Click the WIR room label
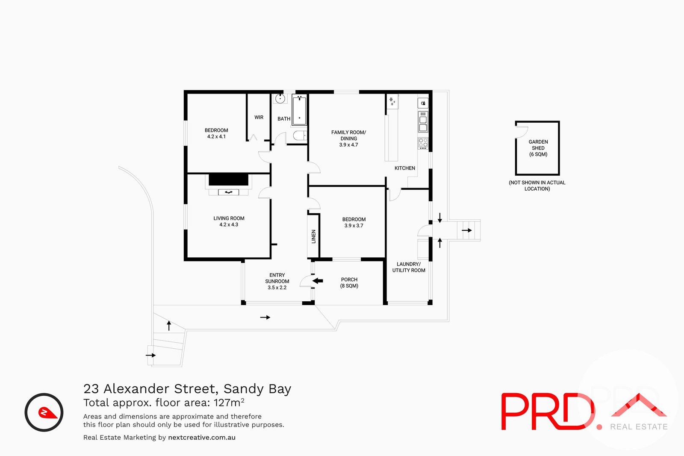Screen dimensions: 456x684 pos(259,118)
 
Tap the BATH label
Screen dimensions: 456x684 pos(284,119)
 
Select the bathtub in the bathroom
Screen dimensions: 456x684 pos(299,111)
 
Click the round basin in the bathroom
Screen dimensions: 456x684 pos(280,99)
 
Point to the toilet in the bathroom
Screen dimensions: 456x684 pos(300,136)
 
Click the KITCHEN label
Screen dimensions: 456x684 pos(404,168)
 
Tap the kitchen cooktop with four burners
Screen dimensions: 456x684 pos(423,143)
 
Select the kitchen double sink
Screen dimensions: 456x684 pos(423,124)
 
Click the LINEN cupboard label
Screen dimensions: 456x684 pos(313,236)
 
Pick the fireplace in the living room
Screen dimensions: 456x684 pos(228,185)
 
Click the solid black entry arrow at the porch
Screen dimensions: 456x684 pos(318,281)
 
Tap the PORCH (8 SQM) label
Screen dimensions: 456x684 pos(349,282)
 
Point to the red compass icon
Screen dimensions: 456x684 pos(44,412)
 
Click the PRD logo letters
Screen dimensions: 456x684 pos(547,411)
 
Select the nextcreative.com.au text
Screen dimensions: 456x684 pos(202,438)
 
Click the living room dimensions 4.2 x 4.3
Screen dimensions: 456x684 pos(229,225)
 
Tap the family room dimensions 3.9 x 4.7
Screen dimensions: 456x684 pos(348,145)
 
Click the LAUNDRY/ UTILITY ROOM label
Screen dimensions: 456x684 pos(409,267)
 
